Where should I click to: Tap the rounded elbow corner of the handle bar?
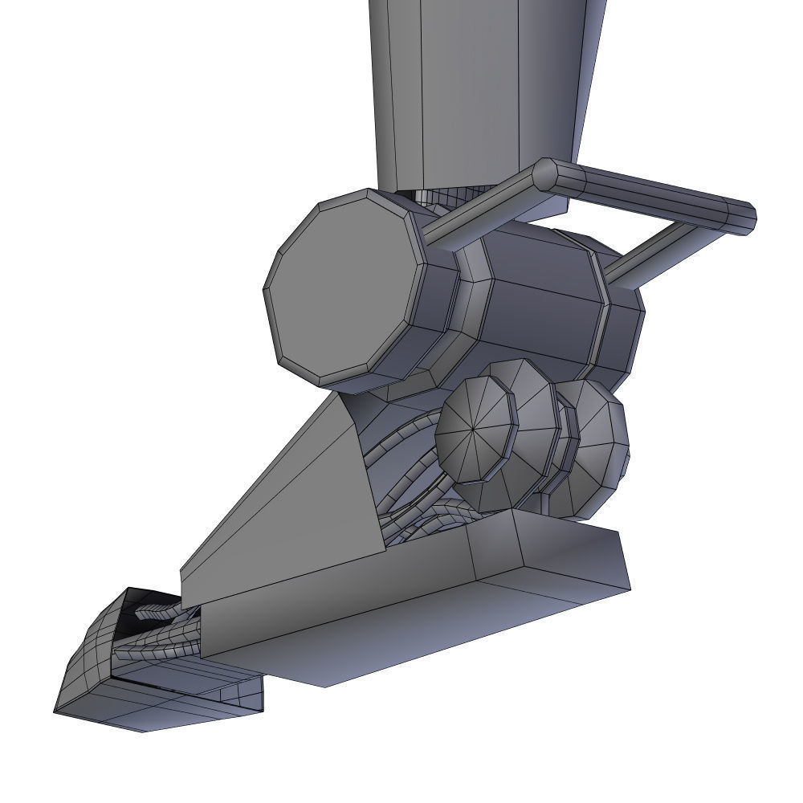547,174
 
